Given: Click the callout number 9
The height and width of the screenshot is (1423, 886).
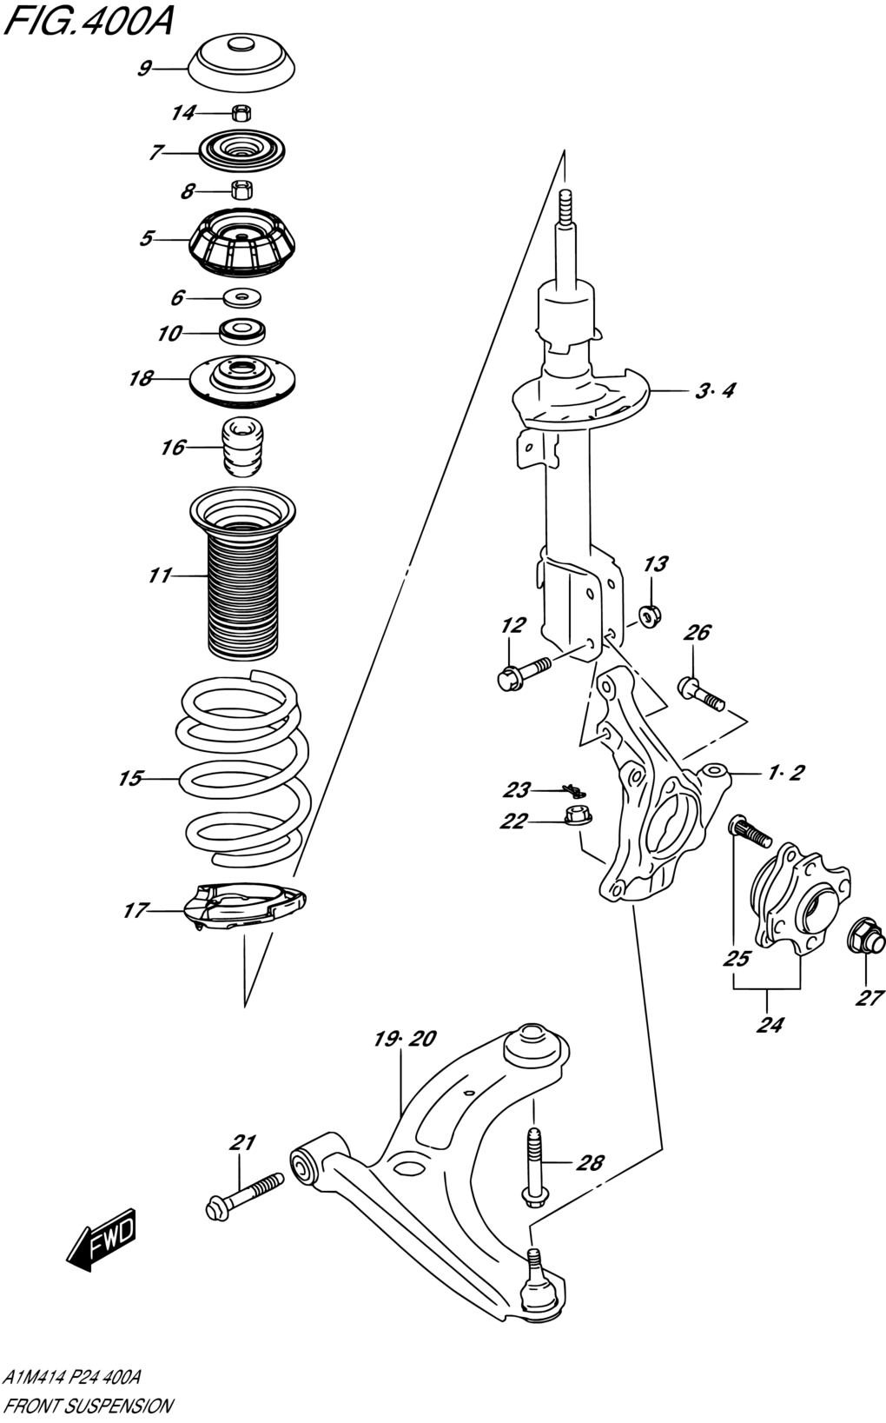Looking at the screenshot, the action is (x=145, y=68).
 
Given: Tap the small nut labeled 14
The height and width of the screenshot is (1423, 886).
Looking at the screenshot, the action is (x=241, y=112).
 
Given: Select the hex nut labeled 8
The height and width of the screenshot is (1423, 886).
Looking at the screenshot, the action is (x=241, y=190).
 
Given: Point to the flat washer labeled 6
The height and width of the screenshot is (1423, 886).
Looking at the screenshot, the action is (x=242, y=296).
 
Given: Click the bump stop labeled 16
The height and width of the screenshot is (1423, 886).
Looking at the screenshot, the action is (x=241, y=447).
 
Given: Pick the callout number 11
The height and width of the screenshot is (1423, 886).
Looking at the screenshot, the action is (x=159, y=575).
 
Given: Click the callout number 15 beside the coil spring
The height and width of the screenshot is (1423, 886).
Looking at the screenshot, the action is (x=131, y=778).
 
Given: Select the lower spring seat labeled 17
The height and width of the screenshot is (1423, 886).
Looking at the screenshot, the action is (x=245, y=906).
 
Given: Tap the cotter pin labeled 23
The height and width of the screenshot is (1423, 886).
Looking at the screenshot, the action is (x=575, y=790).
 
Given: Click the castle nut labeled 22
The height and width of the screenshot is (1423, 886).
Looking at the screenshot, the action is (x=578, y=815).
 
